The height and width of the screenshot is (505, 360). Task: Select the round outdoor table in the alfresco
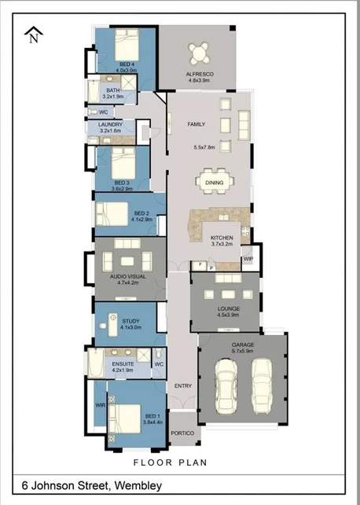200,53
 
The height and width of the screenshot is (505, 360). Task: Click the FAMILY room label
196,124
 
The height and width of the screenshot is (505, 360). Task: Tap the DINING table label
215,182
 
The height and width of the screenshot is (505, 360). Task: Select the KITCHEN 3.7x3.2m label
223,241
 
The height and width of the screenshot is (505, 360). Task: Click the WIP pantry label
248,257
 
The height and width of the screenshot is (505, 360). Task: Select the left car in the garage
227,386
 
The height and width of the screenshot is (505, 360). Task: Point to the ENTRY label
182,385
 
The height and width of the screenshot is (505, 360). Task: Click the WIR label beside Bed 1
100,405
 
